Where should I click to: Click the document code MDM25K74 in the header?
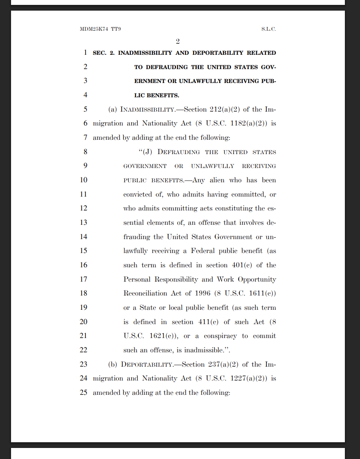(94, 29)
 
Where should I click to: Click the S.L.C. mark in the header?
(268, 29)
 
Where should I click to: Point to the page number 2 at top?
(178, 41)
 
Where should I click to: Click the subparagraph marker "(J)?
(146, 152)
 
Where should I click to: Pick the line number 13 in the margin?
(83, 222)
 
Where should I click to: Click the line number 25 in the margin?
(83, 393)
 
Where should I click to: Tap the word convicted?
(137, 195)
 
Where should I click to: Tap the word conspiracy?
(220, 336)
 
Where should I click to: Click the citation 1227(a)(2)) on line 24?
(249, 378)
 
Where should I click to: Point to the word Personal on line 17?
(137, 280)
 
